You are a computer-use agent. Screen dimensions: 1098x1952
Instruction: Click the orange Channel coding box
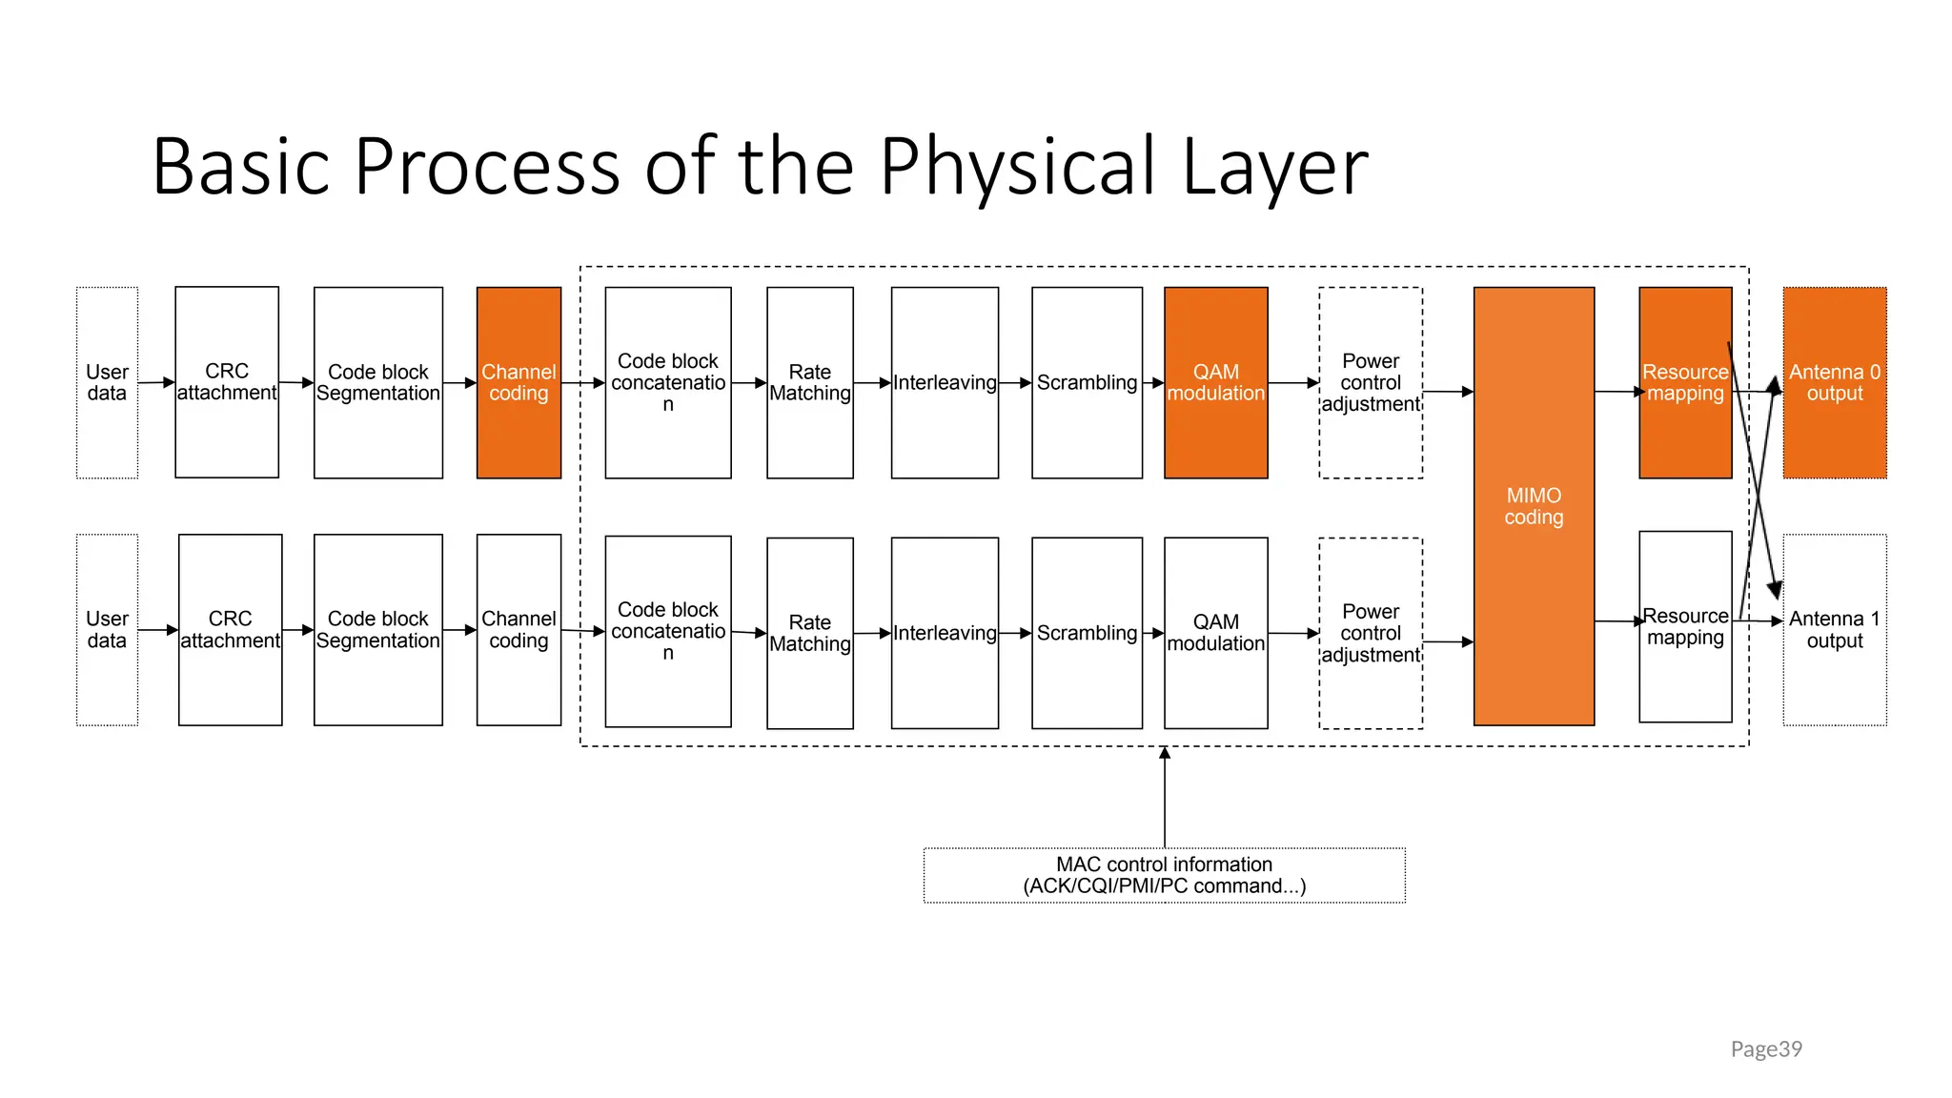click(518, 382)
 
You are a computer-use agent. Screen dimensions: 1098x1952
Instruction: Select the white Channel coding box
click(518, 629)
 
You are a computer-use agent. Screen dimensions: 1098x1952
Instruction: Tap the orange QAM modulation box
click(1215, 382)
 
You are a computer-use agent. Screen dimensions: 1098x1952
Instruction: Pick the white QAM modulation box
click(1215, 633)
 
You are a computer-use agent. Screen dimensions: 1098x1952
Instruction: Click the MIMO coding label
click(1534, 506)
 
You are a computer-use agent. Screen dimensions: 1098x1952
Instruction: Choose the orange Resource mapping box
click(1684, 382)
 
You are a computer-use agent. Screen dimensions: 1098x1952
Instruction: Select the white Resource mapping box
click(1684, 626)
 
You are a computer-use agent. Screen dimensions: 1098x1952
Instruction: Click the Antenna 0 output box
click(1834, 382)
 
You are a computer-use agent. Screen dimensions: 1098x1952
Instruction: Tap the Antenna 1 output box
click(1834, 629)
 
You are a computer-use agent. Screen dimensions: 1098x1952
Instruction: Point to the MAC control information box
click(1164, 875)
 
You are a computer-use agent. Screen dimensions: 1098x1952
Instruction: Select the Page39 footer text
click(1765, 1048)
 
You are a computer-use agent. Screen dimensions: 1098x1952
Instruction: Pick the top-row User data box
click(107, 382)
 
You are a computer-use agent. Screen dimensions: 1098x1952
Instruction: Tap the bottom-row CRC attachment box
click(230, 629)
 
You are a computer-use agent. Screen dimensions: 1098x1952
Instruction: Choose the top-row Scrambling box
click(1087, 382)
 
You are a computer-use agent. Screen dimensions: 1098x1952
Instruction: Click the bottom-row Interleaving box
click(945, 633)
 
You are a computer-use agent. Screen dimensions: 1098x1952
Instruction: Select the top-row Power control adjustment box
click(1370, 382)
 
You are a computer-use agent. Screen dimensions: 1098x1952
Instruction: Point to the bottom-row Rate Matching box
click(809, 633)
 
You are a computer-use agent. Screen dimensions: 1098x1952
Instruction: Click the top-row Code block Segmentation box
click(377, 382)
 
